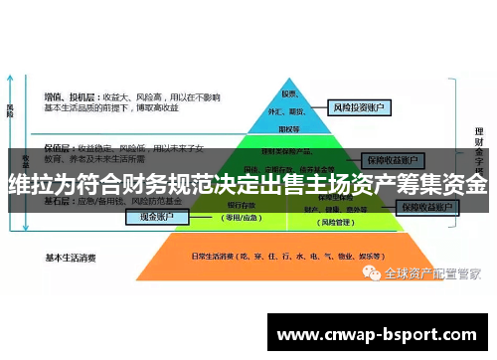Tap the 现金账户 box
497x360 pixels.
(156, 216)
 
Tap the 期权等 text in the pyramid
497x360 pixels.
(290, 128)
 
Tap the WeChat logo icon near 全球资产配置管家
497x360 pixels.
(370, 271)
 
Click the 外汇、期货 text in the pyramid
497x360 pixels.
(291, 112)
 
